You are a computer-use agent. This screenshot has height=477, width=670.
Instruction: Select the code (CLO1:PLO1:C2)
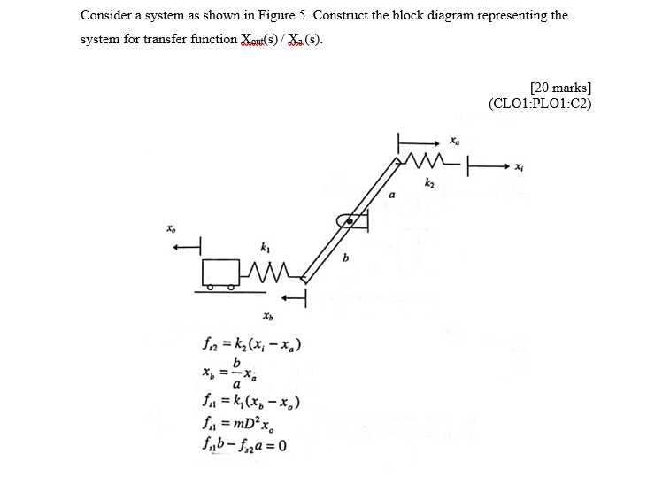(x=540, y=103)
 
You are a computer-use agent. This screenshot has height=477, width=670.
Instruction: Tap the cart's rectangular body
(x=220, y=272)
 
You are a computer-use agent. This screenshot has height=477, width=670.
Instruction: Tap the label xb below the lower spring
(x=266, y=315)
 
